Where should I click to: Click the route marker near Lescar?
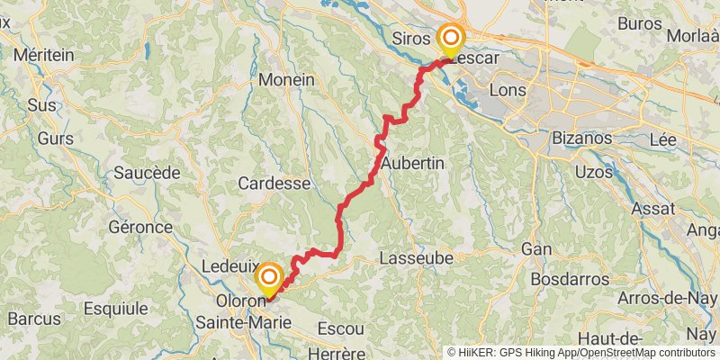[x=450, y=39]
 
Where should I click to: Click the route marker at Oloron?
[x=268, y=276]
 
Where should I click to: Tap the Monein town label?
[x=286, y=79]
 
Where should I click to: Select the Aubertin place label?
[x=414, y=163]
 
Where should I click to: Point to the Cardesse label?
[x=274, y=183]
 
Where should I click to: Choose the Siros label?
[x=411, y=39]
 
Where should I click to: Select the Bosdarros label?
[x=569, y=279]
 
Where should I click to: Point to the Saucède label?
[x=148, y=172]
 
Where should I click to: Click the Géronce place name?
[x=140, y=227]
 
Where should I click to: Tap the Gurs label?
[x=56, y=139]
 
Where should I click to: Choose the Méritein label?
[x=43, y=55]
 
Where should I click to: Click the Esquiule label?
[x=114, y=308]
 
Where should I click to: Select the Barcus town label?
[x=33, y=319]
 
